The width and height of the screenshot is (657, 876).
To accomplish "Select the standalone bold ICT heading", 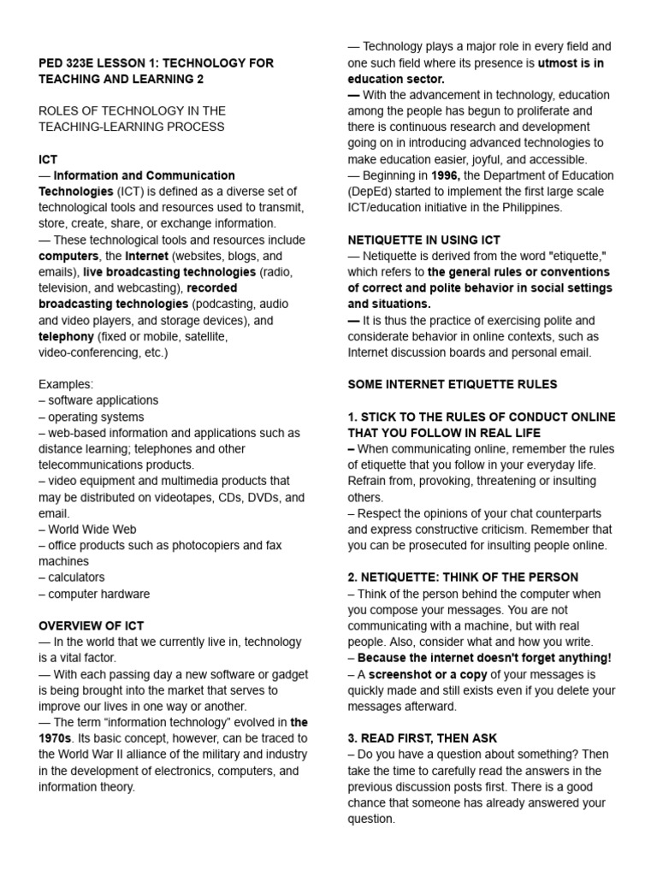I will click(48, 159).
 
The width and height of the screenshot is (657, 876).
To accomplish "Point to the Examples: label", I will click(66, 384).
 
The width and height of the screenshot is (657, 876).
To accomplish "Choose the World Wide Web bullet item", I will click(92, 530).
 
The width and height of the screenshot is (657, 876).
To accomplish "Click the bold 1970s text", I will click(56, 738).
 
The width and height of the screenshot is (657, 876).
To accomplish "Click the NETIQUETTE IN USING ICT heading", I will click(423, 240).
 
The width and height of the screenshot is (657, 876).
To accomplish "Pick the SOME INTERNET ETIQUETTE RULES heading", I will click(452, 384).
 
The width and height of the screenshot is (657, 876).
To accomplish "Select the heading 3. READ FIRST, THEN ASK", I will click(422, 738).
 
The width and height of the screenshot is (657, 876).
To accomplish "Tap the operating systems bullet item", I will click(97, 417).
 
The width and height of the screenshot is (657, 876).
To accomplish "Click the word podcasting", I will click(225, 304).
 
